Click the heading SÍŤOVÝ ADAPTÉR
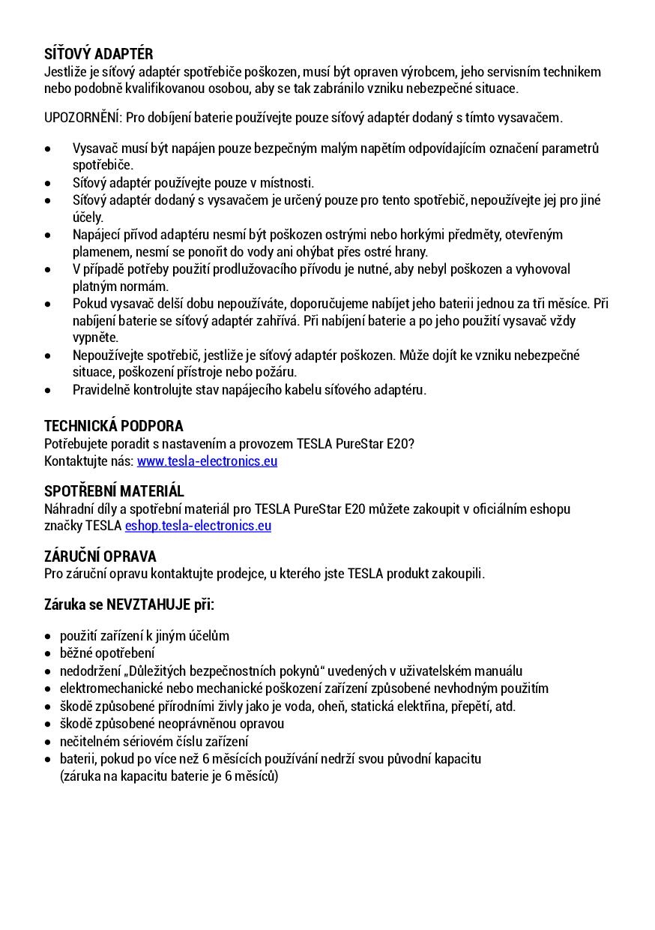pos(98,54)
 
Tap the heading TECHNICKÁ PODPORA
pos(113,426)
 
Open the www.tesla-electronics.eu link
pos(207,461)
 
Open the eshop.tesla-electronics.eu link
pos(198,526)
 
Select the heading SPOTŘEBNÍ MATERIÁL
pos(114,491)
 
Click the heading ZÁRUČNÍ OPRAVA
pos(100,556)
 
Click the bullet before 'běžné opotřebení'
pos(48,653)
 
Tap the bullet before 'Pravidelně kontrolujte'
pos(48,390)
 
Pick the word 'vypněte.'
pos(95,337)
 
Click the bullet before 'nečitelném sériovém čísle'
pos(48,741)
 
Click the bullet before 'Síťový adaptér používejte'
pos(48,183)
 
